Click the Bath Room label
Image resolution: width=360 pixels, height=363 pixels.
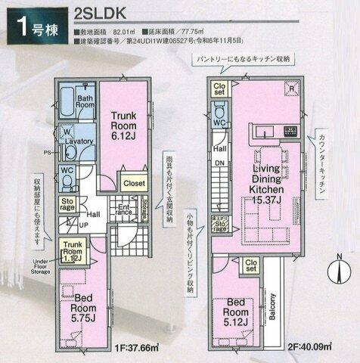[83, 101]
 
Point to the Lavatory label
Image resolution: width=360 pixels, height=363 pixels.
[79, 142]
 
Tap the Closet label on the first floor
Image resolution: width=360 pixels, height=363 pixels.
[134, 182]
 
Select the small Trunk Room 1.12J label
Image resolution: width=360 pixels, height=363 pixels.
[73, 249]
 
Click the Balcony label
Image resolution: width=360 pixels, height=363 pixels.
[273, 306]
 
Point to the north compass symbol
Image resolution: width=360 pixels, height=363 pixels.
[340, 268]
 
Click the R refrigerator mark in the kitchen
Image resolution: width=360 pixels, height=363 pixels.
[291, 87]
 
